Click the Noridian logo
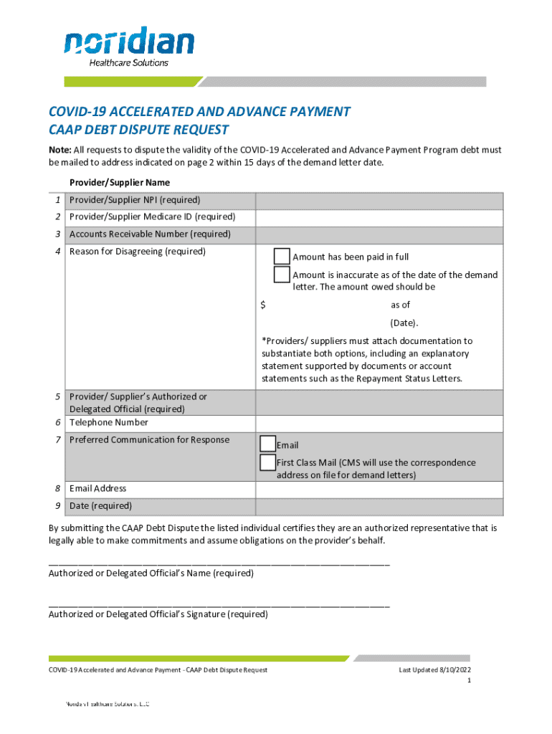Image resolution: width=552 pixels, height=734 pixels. tap(128, 46)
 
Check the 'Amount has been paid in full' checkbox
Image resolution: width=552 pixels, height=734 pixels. tap(282, 257)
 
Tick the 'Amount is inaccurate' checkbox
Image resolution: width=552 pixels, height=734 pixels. tap(282, 275)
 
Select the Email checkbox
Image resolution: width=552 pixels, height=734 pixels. tap(267, 444)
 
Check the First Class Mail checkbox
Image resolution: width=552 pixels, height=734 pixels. tap(267, 462)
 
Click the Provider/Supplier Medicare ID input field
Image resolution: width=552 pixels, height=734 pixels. tap(379, 217)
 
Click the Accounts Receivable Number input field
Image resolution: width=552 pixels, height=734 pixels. tap(379, 234)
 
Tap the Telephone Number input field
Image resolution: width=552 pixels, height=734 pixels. tap(379, 423)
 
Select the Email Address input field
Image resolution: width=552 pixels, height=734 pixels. tap(379, 489)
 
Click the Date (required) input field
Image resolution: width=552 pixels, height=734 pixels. tap(379, 506)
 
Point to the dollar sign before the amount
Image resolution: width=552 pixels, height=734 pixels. tap(263, 305)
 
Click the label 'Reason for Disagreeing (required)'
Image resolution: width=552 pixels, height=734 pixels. tap(137, 252)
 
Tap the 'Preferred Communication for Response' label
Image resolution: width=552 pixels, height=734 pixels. tap(149, 440)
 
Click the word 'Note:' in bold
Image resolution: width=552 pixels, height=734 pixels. tap(60, 151)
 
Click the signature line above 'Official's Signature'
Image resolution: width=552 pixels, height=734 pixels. tap(219, 606)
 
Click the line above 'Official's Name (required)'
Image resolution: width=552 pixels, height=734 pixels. tap(219, 565)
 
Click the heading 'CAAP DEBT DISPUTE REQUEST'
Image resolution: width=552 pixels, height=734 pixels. tap(138, 130)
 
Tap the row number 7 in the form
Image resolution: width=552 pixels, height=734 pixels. tap(57, 440)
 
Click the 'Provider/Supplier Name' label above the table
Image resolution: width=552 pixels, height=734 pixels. tap(119, 183)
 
